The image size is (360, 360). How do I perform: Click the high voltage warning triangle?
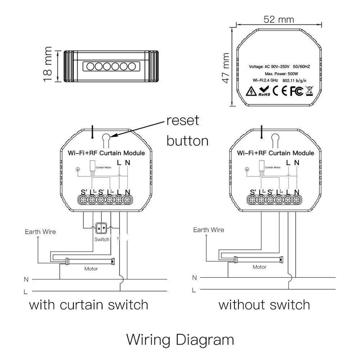[250, 93]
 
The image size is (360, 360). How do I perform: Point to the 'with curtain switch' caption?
[89, 305]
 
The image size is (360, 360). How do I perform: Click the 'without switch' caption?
[264, 305]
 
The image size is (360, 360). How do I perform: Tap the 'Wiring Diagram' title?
[180, 338]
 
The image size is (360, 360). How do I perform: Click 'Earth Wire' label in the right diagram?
[209, 230]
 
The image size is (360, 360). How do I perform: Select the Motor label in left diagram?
[91, 269]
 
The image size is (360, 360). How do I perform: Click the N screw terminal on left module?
[128, 199]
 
